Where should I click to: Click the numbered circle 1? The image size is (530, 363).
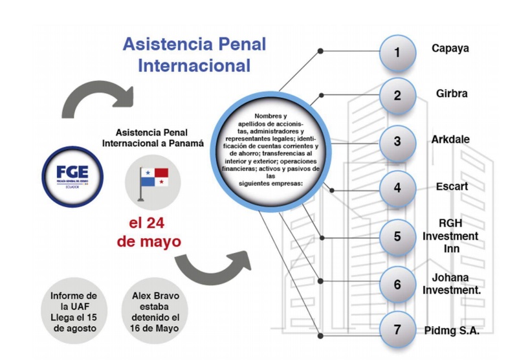pyautogui.click(x=397, y=52)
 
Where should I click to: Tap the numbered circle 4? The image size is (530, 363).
pyautogui.click(x=397, y=188)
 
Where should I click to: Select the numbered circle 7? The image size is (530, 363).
pyautogui.click(x=397, y=329)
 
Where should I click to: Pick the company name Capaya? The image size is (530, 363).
pyautogui.click(x=450, y=49)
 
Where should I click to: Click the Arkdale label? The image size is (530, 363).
pyautogui.click(x=451, y=139)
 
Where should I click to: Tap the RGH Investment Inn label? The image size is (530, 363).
pyautogui.click(x=450, y=236)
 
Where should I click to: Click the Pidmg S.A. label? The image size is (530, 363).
pyautogui.click(x=452, y=330)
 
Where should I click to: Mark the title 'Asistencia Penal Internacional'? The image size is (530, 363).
pyautogui.click(x=194, y=55)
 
